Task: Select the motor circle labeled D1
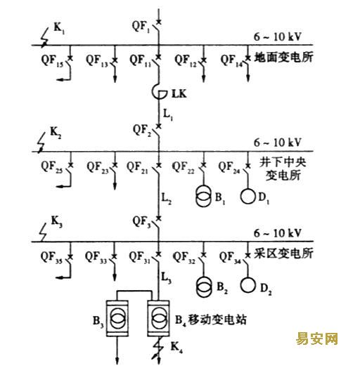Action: coord(247,196)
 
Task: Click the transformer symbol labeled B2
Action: coord(204,287)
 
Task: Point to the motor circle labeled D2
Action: coord(247,285)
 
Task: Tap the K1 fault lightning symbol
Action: coord(45,37)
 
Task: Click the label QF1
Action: coord(141,26)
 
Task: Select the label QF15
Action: coord(52,60)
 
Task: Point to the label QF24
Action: coord(229,167)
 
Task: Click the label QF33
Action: coord(96,257)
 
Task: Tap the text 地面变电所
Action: coord(284,58)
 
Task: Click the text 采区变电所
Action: coord(283,254)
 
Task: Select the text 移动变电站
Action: coord(217,320)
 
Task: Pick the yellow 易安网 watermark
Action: coord(317,339)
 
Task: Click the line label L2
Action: coord(166,199)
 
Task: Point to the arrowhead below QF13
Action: coord(115,79)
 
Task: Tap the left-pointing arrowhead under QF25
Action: coord(60,186)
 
